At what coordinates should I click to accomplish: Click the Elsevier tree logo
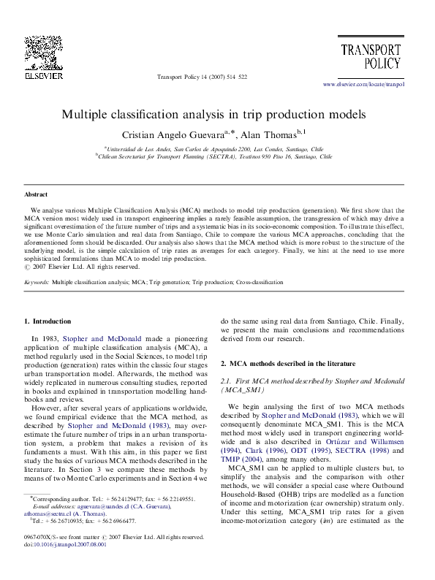(x=37, y=50)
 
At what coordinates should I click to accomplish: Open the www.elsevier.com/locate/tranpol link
(x=363, y=84)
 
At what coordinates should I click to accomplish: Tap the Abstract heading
(x=36, y=195)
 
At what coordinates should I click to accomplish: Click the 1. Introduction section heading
(x=48, y=321)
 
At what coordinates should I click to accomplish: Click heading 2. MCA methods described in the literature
(x=297, y=363)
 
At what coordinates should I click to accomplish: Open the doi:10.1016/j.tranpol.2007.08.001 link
(x=64, y=565)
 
